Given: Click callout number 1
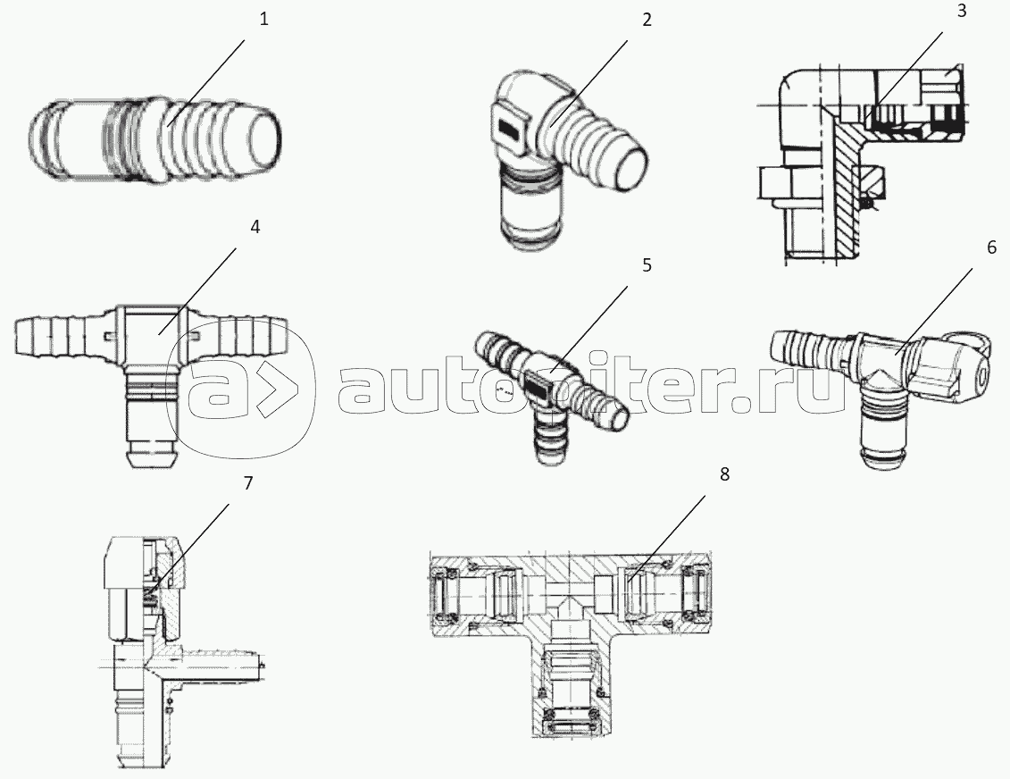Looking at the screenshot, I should coord(264,20).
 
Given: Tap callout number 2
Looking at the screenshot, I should coord(647,20).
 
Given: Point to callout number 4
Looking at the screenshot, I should coord(255,227).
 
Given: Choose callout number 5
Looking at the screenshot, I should coord(647,265).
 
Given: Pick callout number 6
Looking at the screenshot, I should coord(991,247).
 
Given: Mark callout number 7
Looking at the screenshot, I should coord(248,483).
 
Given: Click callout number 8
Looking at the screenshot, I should coord(724,474).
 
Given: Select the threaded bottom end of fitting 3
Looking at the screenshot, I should coord(812,239).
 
